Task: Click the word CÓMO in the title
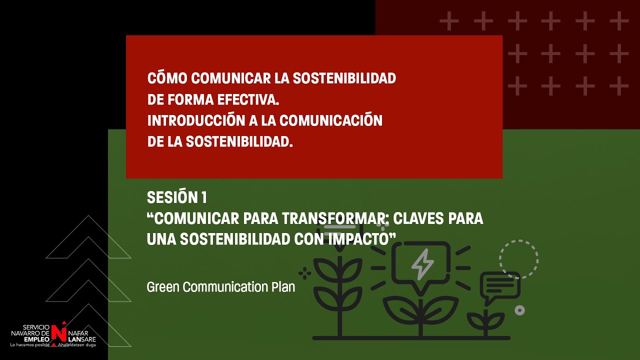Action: (167, 78)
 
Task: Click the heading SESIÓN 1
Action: (176, 197)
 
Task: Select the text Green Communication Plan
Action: (220, 287)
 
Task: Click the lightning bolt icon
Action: (422, 263)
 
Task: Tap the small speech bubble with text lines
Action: (500, 286)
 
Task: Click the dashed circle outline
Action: (518, 259)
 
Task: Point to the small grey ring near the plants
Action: (519, 310)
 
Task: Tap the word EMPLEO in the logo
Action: (34, 338)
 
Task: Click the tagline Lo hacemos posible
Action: (29, 345)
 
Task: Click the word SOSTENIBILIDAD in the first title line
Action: (343, 78)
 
